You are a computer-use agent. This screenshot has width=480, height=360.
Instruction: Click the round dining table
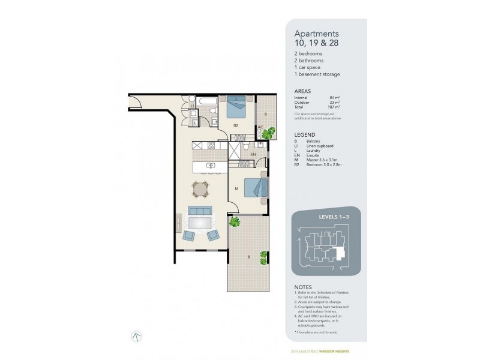(x=200, y=190)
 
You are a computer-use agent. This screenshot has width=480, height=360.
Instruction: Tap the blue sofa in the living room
(x=199, y=211)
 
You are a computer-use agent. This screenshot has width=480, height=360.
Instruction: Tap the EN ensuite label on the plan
(x=253, y=155)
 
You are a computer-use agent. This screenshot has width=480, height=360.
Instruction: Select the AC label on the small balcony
(x=260, y=127)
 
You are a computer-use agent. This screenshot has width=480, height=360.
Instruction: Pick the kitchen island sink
(x=210, y=166)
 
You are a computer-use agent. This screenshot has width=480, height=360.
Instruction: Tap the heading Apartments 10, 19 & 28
(x=316, y=39)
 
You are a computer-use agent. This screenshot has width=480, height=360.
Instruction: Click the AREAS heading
(x=302, y=91)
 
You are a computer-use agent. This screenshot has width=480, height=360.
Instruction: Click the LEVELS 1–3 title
(x=327, y=217)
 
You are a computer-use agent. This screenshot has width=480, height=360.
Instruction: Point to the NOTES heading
(x=303, y=286)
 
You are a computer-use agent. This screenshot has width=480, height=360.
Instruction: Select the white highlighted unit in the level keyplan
(x=341, y=252)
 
